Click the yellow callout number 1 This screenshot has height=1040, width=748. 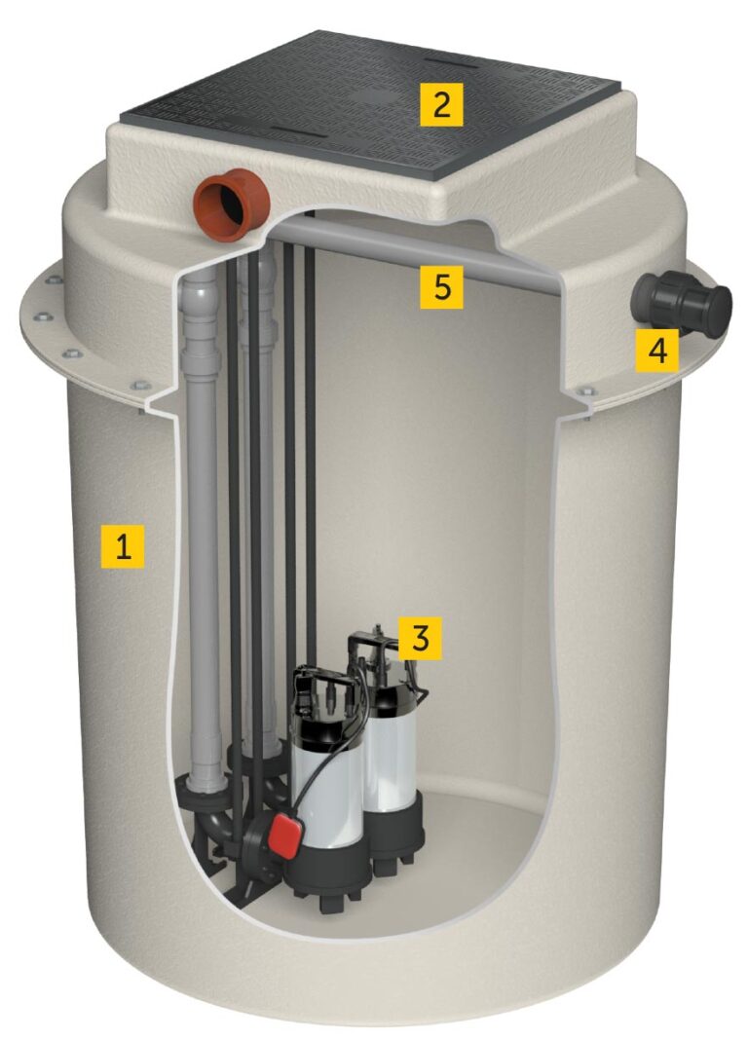point(123,546)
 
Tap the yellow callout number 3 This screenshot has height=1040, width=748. point(420,637)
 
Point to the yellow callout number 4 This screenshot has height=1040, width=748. point(656,350)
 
